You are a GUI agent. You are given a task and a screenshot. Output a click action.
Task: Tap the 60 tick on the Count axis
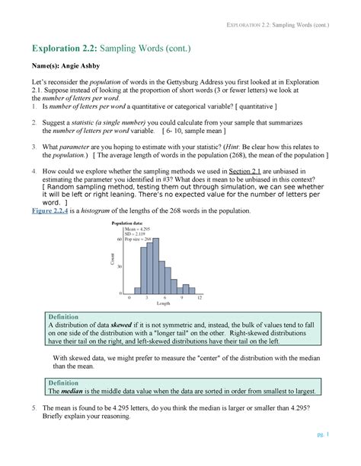[x=120, y=239]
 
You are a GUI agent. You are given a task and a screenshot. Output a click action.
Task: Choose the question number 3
[x=34, y=146]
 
